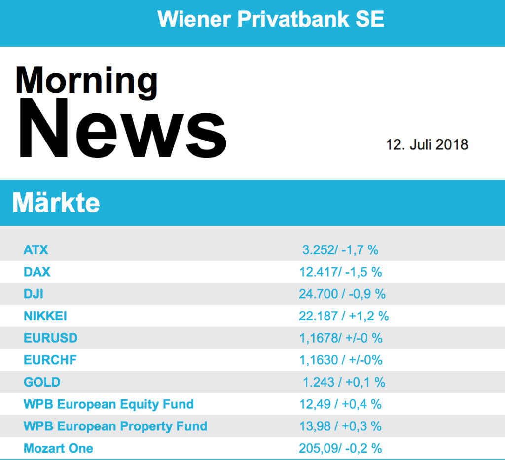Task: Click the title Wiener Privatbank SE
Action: (x=271, y=19)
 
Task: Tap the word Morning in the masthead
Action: (x=87, y=80)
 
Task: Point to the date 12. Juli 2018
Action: (x=427, y=145)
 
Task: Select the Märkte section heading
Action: (x=56, y=203)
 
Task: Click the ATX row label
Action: (x=36, y=250)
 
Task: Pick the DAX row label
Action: (x=37, y=272)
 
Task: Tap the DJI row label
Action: (x=34, y=294)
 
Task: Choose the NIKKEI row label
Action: (x=45, y=316)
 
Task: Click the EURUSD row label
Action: (x=51, y=338)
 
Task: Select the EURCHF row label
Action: (x=50, y=360)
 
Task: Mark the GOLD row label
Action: (x=42, y=382)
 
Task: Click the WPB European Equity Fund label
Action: (x=108, y=404)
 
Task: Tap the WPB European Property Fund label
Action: (x=115, y=426)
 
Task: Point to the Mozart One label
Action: (x=58, y=448)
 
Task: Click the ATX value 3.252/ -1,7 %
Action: (x=340, y=250)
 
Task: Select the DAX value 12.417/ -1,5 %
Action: (x=340, y=272)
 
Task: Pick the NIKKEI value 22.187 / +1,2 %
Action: (x=344, y=316)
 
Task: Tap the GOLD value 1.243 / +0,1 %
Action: (x=344, y=382)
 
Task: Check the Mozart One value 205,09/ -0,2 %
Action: (x=340, y=448)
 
